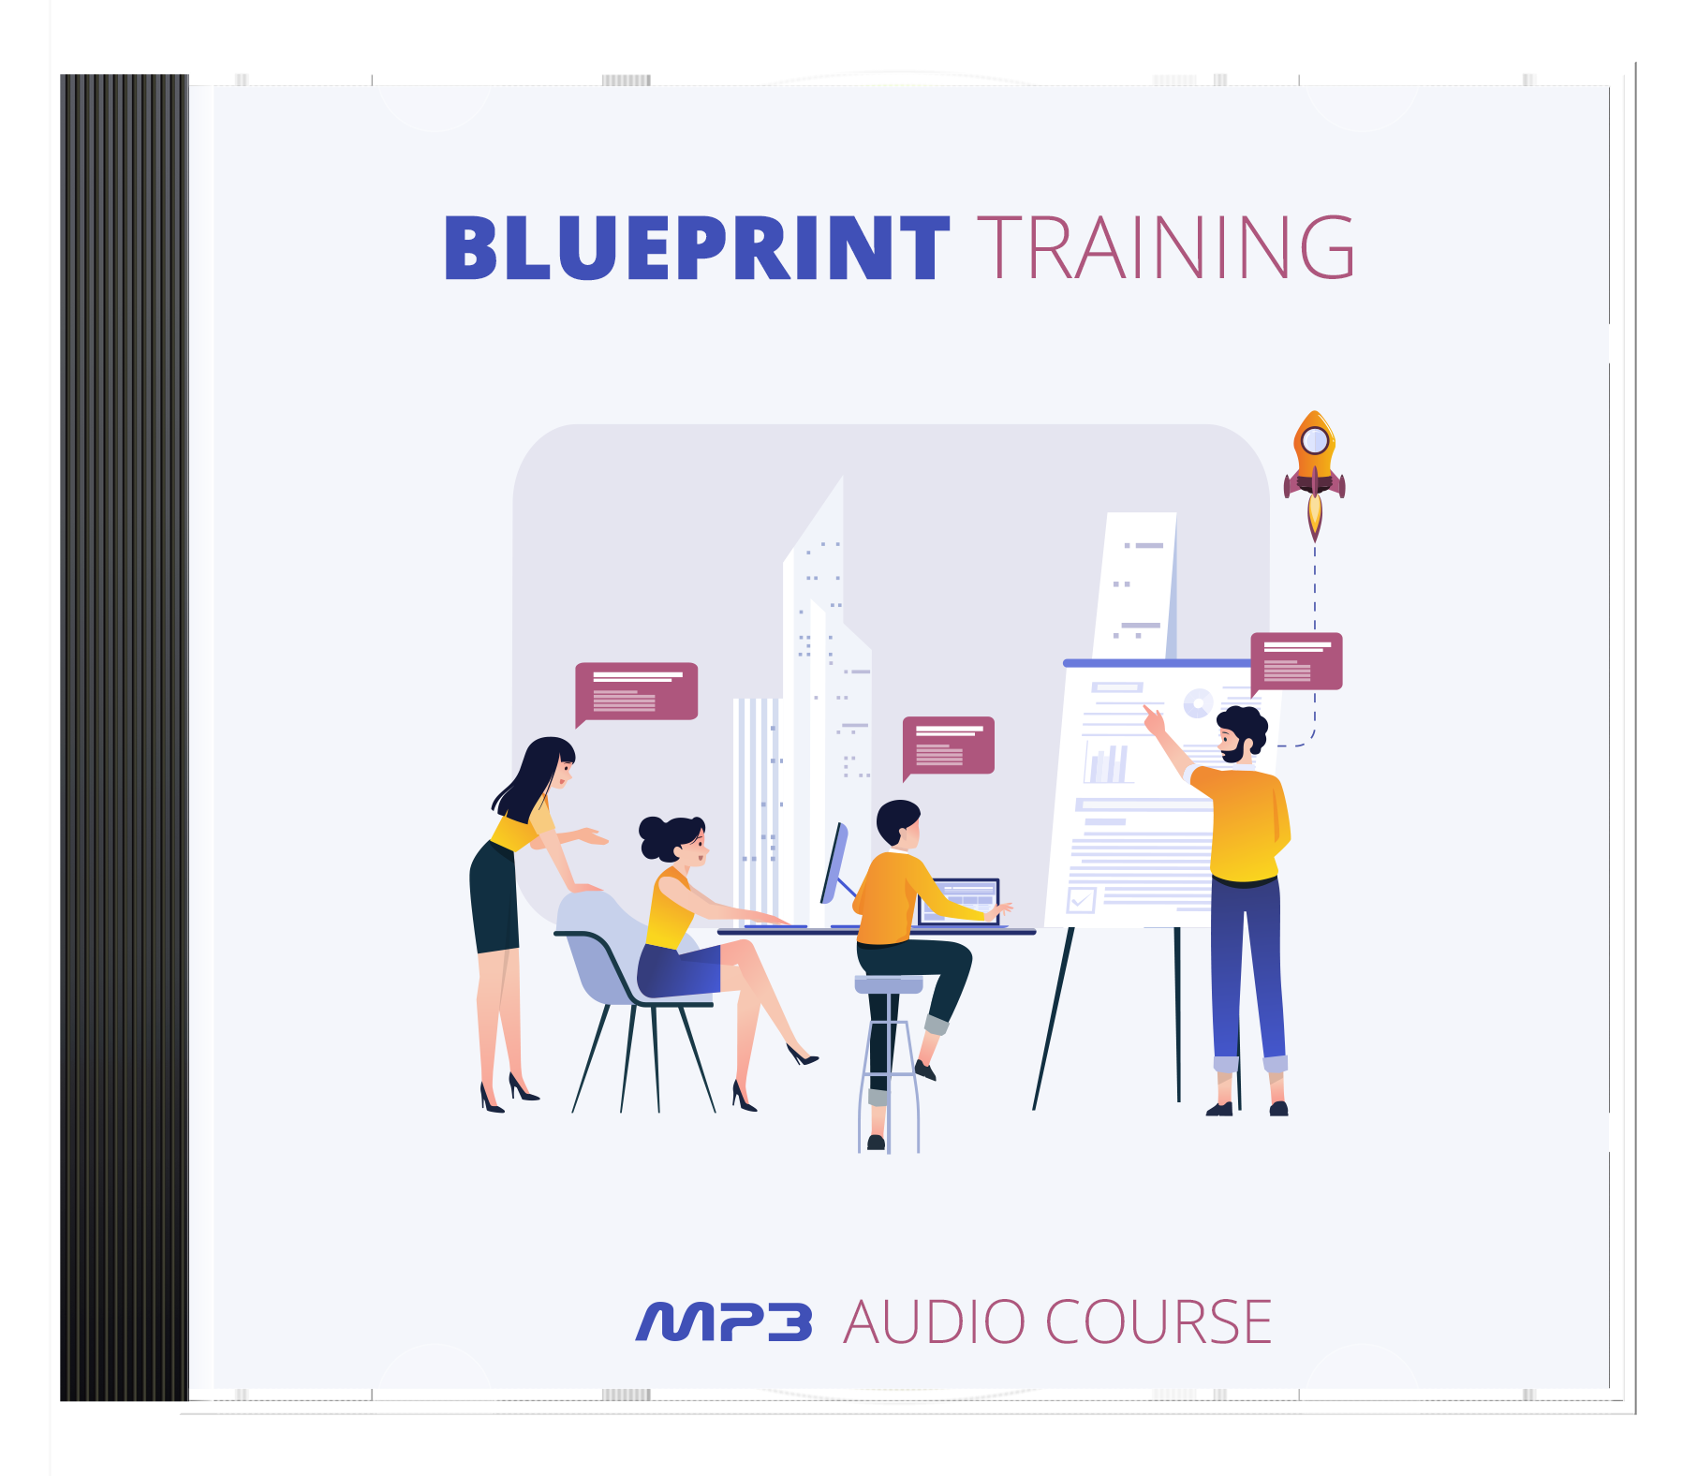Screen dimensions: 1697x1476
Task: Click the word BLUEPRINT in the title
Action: (697, 248)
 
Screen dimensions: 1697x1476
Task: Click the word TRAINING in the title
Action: (1166, 248)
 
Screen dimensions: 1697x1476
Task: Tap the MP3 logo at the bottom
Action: (724, 1321)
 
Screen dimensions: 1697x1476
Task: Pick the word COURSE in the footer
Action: (1158, 1321)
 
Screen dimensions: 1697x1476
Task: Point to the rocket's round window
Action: (1315, 439)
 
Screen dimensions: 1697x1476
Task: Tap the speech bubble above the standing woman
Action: (636, 694)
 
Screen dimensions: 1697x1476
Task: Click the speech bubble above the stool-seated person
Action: (948, 747)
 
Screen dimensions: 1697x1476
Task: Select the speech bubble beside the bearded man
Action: (1296, 663)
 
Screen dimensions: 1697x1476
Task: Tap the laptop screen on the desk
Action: (960, 899)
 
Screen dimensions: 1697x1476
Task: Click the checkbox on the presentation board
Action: (1082, 900)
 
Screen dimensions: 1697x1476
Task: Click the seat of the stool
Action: (889, 983)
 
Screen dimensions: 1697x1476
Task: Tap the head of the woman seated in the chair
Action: (673, 839)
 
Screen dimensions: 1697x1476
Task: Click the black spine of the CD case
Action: (125, 738)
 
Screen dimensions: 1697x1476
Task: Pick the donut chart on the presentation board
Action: (1199, 702)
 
